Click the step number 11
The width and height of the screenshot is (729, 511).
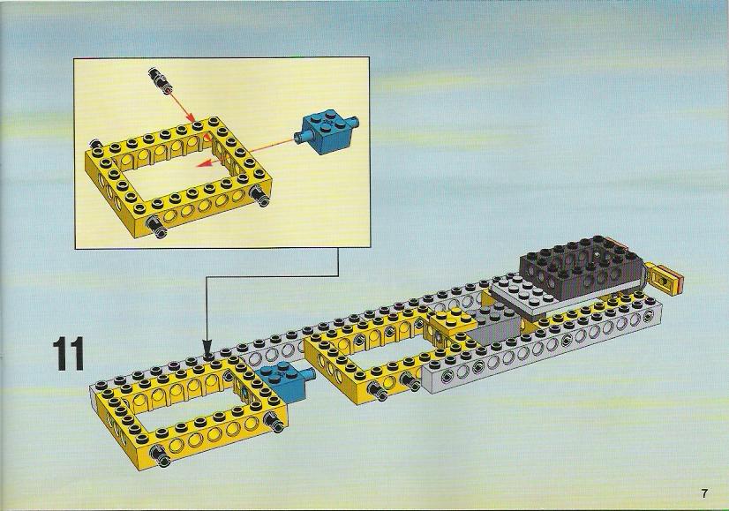tap(68, 354)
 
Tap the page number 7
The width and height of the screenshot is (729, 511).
tap(704, 493)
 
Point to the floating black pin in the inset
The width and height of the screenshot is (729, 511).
tap(160, 79)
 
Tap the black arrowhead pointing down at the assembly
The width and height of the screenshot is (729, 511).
tap(207, 349)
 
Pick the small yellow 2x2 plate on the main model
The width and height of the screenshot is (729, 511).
tap(450, 321)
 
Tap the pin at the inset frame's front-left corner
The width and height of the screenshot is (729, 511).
tap(157, 227)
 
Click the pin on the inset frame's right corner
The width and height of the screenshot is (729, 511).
tap(259, 196)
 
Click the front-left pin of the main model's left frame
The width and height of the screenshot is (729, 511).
tap(162, 455)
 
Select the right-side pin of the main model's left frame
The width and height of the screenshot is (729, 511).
tap(275, 422)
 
